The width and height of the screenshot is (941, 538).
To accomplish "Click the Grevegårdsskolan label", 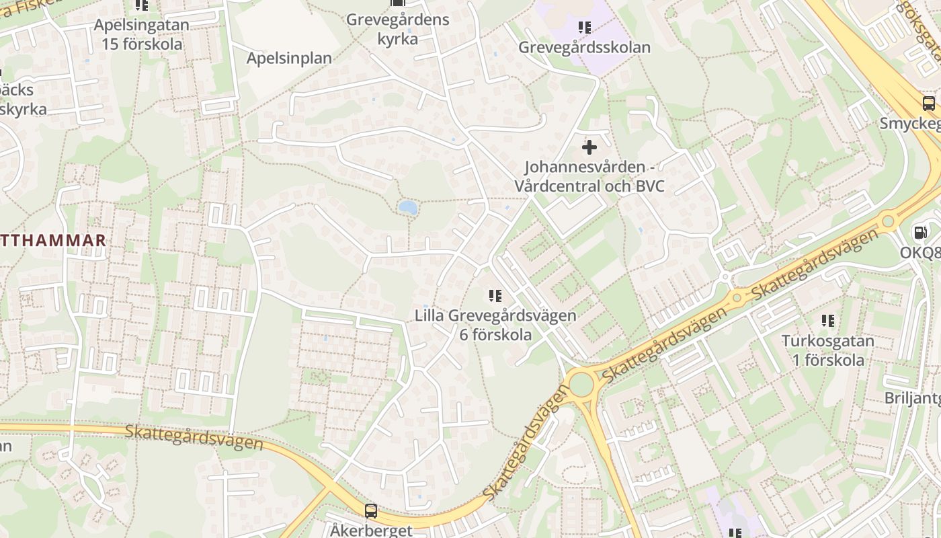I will click(x=584, y=48).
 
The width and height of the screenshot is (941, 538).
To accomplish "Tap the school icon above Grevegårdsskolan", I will click(x=584, y=28).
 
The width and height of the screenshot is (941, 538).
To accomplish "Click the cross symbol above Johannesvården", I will click(x=589, y=147).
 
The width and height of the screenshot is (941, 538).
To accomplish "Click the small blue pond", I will click(x=407, y=208).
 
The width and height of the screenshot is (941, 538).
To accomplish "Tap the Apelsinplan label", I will click(x=289, y=58).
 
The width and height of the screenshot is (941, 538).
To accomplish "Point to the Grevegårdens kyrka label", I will click(x=397, y=29).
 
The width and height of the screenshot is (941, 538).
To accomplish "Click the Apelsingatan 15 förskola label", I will click(x=142, y=34).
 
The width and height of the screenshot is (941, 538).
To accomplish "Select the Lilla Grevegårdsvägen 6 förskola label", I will click(x=495, y=325).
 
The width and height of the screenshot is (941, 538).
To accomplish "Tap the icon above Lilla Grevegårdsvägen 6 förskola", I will click(x=495, y=295).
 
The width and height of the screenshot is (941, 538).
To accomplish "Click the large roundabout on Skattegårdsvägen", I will click(x=581, y=385).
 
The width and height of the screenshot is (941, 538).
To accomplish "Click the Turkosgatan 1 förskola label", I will click(x=827, y=350).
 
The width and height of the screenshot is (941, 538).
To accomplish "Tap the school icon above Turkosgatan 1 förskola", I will click(x=827, y=321).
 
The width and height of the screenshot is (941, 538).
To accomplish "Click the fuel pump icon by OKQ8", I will click(x=919, y=233).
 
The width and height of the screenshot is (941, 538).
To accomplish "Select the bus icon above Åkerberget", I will click(x=370, y=510).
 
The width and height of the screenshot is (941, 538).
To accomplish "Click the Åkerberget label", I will click(x=370, y=530).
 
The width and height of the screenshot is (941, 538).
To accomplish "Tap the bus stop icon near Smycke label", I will click(x=928, y=104).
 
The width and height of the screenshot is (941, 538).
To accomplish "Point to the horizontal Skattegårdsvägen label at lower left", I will click(x=194, y=436).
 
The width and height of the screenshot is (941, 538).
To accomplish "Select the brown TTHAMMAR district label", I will click(x=53, y=240).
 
